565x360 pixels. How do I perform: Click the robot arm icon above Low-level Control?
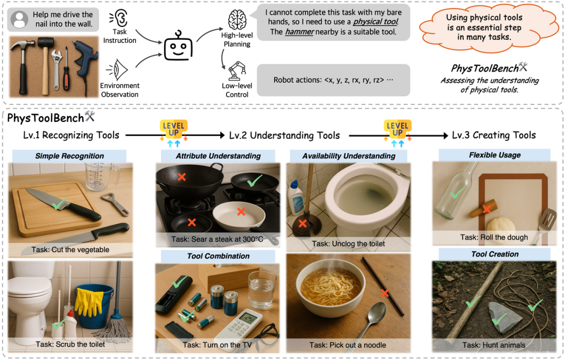coord(236,71)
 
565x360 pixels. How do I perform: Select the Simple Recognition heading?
coord(70,156)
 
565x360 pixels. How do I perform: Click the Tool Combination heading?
coord(218,256)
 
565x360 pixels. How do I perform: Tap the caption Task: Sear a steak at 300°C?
coord(217,240)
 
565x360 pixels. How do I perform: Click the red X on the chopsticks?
coord(385,293)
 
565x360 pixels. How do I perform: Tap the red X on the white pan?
coord(241,212)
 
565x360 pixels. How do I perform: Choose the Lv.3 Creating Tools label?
coord(494,135)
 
